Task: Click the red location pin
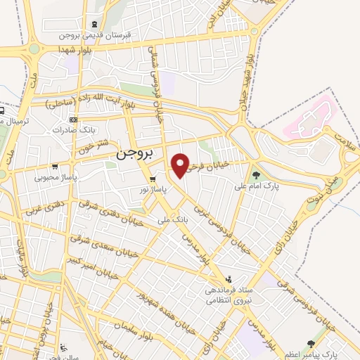click(181, 165)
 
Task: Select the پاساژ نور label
click(152, 191)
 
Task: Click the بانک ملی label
click(175, 221)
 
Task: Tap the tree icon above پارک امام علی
click(254, 174)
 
